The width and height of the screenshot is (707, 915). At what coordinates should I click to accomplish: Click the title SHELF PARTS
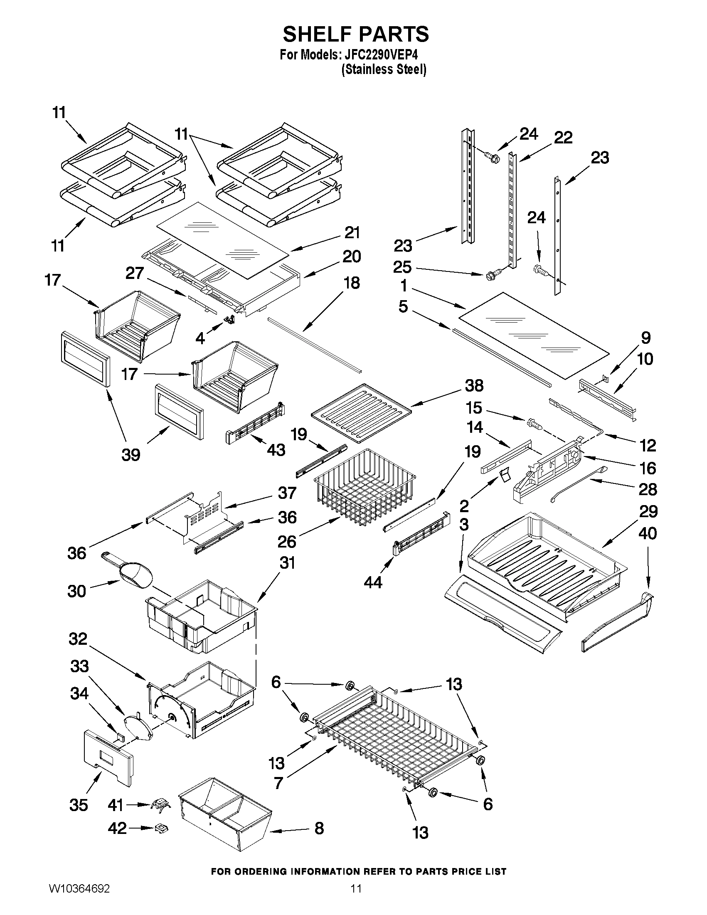coord(356,34)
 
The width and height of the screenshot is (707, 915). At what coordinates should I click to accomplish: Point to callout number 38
coord(474,385)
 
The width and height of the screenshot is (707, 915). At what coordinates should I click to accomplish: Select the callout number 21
coord(352,232)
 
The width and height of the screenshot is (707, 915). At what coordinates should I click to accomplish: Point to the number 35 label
coord(79,805)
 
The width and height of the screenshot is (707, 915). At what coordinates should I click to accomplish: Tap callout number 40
coord(648,533)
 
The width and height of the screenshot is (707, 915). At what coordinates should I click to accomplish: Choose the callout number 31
coord(287,563)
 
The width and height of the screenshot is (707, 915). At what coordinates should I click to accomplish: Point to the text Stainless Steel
coord(384,69)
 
